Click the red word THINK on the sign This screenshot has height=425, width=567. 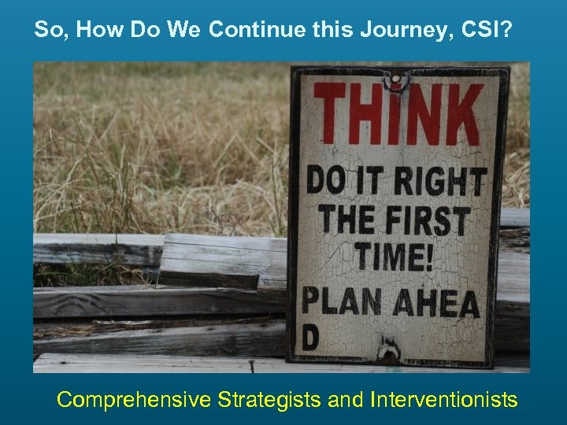click(398, 115)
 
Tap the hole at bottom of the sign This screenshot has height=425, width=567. click(387, 349)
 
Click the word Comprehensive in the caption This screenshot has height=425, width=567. click(133, 400)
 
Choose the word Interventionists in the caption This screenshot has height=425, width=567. click(443, 400)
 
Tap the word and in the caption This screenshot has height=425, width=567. click(345, 400)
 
